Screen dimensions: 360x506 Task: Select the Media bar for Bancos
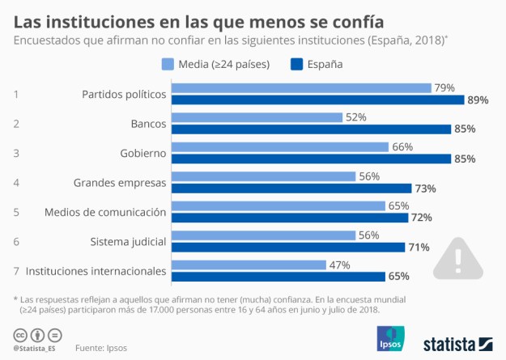(x=257, y=117)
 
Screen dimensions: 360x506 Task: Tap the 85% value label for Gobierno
(x=465, y=159)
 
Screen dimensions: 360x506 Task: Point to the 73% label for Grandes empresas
(x=425, y=188)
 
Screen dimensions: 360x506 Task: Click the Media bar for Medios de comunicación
(x=278, y=206)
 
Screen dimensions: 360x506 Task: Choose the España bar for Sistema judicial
(x=287, y=247)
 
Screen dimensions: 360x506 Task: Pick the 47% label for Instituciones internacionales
(x=339, y=265)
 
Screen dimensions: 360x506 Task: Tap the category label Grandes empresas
(x=119, y=182)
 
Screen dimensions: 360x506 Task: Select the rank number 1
(x=16, y=94)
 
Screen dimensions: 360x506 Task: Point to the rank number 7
(x=16, y=271)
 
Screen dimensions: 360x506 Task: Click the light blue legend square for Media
(x=168, y=64)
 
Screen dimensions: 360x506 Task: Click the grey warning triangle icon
(x=458, y=258)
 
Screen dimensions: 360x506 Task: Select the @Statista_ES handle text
(x=36, y=348)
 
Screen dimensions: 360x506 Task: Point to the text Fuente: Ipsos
(x=101, y=348)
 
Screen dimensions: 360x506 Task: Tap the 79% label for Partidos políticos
(x=445, y=87)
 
